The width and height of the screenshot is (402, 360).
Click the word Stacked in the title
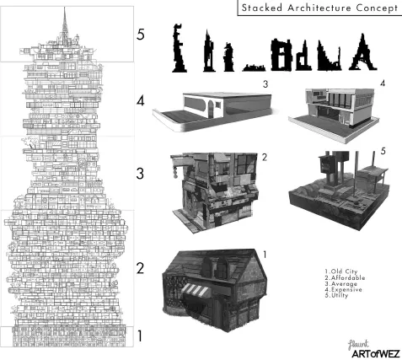(x=262, y=8)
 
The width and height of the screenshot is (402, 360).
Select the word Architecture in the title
(x=319, y=8)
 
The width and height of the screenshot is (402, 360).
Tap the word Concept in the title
(x=377, y=8)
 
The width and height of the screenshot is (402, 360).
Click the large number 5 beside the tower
(x=141, y=35)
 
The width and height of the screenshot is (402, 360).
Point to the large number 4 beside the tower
(x=141, y=100)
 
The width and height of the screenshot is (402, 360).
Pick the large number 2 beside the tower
(x=140, y=268)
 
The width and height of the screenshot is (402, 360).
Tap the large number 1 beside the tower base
(x=140, y=336)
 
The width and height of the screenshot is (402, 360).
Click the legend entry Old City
(x=341, y=271)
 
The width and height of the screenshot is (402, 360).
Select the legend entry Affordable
(x=345, y=277)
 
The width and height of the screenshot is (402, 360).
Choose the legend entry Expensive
(x=343, y=289)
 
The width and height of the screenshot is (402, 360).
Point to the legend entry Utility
(x=336, y=295)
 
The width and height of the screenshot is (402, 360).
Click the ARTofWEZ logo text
(x=376, y=354)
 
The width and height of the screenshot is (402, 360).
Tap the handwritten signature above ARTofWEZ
(x=358, y=344)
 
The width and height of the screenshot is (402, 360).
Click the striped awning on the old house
(x=196, y=291)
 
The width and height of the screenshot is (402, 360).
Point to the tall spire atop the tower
(x=65, y=25)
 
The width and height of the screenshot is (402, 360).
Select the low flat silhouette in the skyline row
(x=254, y=67)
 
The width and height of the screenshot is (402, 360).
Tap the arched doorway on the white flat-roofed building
(x=211, y=110)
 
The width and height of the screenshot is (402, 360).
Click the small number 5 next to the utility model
(x=383, y=151)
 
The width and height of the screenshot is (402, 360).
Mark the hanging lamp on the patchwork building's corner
(x=175, y=172)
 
